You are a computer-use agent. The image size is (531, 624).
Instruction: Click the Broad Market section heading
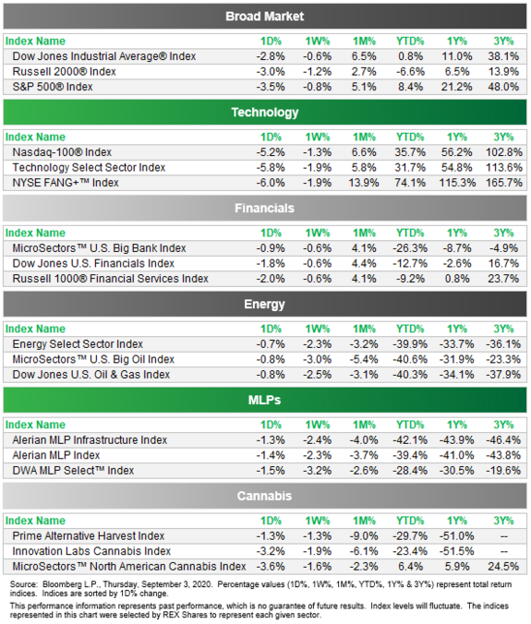tap(265, 17)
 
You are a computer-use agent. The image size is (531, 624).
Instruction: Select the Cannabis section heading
tap(265, 496)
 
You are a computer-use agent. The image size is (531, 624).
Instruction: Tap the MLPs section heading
tap(265, 400)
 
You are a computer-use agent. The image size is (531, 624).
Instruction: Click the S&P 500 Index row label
tap(53, 87)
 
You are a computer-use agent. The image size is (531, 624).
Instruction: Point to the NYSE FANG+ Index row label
tap(66, 183)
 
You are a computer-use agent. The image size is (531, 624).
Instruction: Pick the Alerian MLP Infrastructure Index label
tap(90, 440)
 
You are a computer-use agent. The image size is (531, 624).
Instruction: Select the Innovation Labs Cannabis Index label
tap(91, 551)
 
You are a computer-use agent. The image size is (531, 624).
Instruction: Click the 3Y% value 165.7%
tap(504, 183)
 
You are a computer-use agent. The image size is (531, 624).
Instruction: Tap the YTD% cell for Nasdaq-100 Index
tap(410, 152)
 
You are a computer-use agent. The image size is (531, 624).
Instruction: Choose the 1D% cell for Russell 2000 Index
tap(271, 72)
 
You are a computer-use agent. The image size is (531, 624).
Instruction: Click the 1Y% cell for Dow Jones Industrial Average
tap(457, 56)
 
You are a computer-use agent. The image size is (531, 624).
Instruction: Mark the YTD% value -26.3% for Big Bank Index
tap(410, 248)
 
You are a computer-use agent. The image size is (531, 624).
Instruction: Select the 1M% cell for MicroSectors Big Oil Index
tap(364, 359)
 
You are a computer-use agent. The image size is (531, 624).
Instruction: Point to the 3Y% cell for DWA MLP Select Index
tap(503, 471)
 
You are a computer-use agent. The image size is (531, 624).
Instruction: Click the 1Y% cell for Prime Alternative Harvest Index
tap(456, 536)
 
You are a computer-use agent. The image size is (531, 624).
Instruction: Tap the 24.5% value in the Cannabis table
tap(503, 567)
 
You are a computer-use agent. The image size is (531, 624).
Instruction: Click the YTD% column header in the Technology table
tap(410, 138)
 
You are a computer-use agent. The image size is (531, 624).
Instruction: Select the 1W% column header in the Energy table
tap(318, 330)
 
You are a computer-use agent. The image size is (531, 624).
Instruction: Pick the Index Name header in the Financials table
tap(35, 234)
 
